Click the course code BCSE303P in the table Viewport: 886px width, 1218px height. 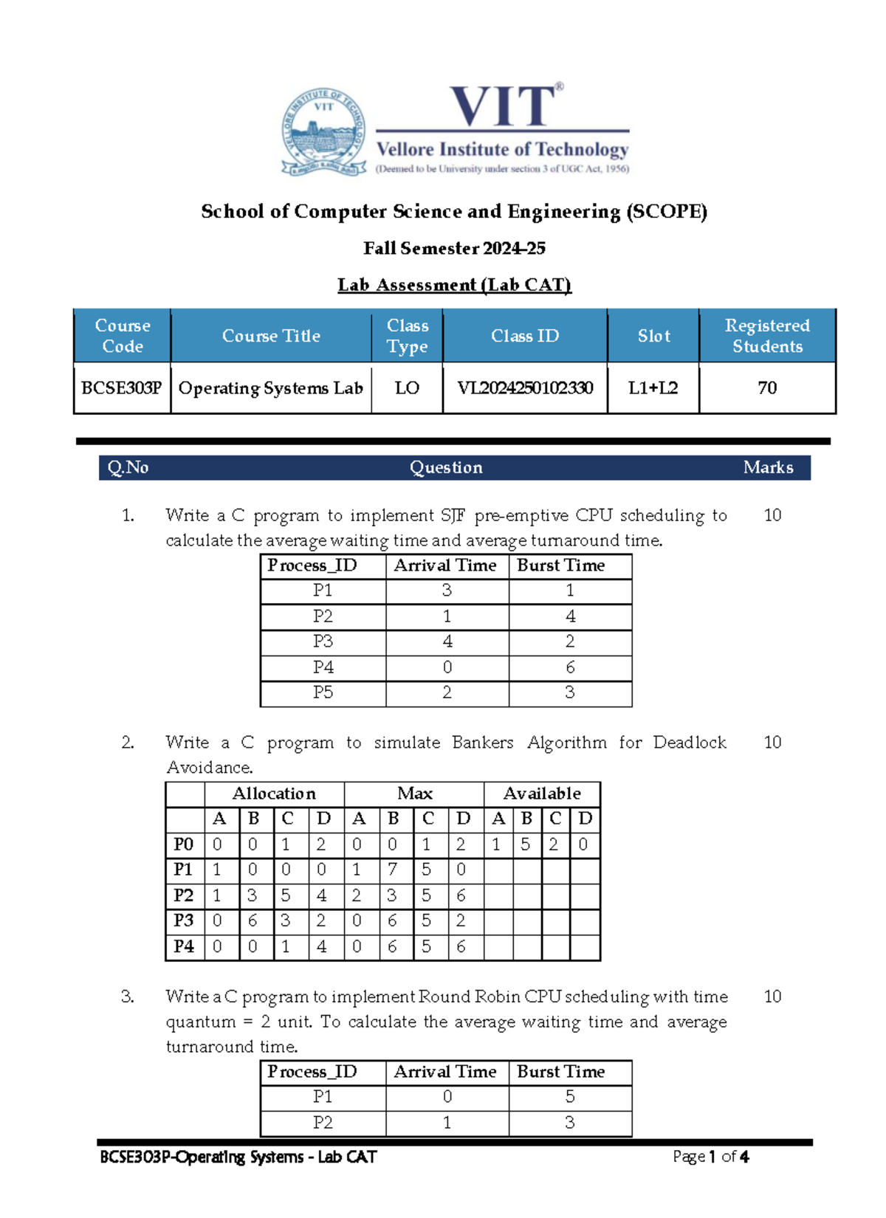click(x=122, y=388)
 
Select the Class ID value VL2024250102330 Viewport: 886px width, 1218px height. click(x=525, y=388)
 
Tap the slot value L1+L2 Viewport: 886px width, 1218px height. click(x=653, y=388)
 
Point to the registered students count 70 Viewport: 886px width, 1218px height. click(x=767, y=388)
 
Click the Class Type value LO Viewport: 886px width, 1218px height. click(x=407, y=388)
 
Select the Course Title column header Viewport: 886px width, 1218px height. click(x=271, y=336)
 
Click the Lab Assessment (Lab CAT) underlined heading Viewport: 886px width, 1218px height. click(x=454, y=285)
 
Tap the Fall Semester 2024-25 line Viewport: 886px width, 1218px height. click(x=454, y=248)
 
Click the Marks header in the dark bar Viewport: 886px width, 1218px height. click(x=768, y=467)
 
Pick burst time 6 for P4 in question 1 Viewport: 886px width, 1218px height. click(x=570, y=667)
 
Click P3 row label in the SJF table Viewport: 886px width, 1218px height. click(x=323, y=641)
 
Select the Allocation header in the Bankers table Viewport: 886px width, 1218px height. click(x=274, y=794)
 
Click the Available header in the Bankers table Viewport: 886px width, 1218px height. click(x=542, y=794)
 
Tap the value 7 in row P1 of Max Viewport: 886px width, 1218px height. click(x=393, y=870)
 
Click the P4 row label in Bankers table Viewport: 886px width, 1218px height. click(x=184, y=946)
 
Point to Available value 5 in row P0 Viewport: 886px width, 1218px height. click(x=526, y=844)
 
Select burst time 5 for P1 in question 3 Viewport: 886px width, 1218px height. click(x=570, y=1097)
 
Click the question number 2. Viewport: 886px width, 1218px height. click(x=128, y=743)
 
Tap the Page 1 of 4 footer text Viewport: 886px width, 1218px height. click(x=710, y=1157)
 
